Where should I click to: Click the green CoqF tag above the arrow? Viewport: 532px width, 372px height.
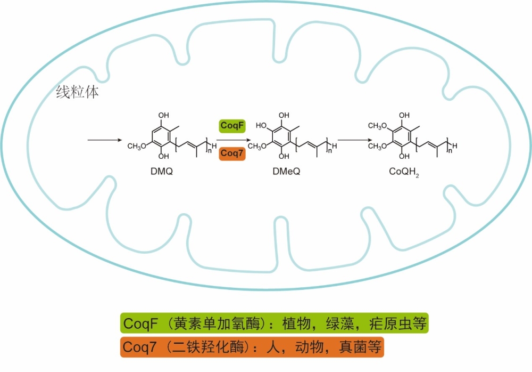pos(231,126)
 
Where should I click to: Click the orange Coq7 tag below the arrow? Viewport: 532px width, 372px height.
pos(231,153)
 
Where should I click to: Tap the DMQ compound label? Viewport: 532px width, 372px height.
pos(163,172)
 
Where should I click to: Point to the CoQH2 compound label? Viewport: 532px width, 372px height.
pos(403,173)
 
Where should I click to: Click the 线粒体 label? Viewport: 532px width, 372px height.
pos(77,92)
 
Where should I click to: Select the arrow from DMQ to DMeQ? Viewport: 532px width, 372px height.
pos(231,140)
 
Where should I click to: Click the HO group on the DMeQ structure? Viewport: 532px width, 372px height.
pos(262,126)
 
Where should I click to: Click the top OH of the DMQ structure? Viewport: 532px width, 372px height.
pos(163,115)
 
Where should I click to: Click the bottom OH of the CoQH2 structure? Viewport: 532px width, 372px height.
pos(404,156)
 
